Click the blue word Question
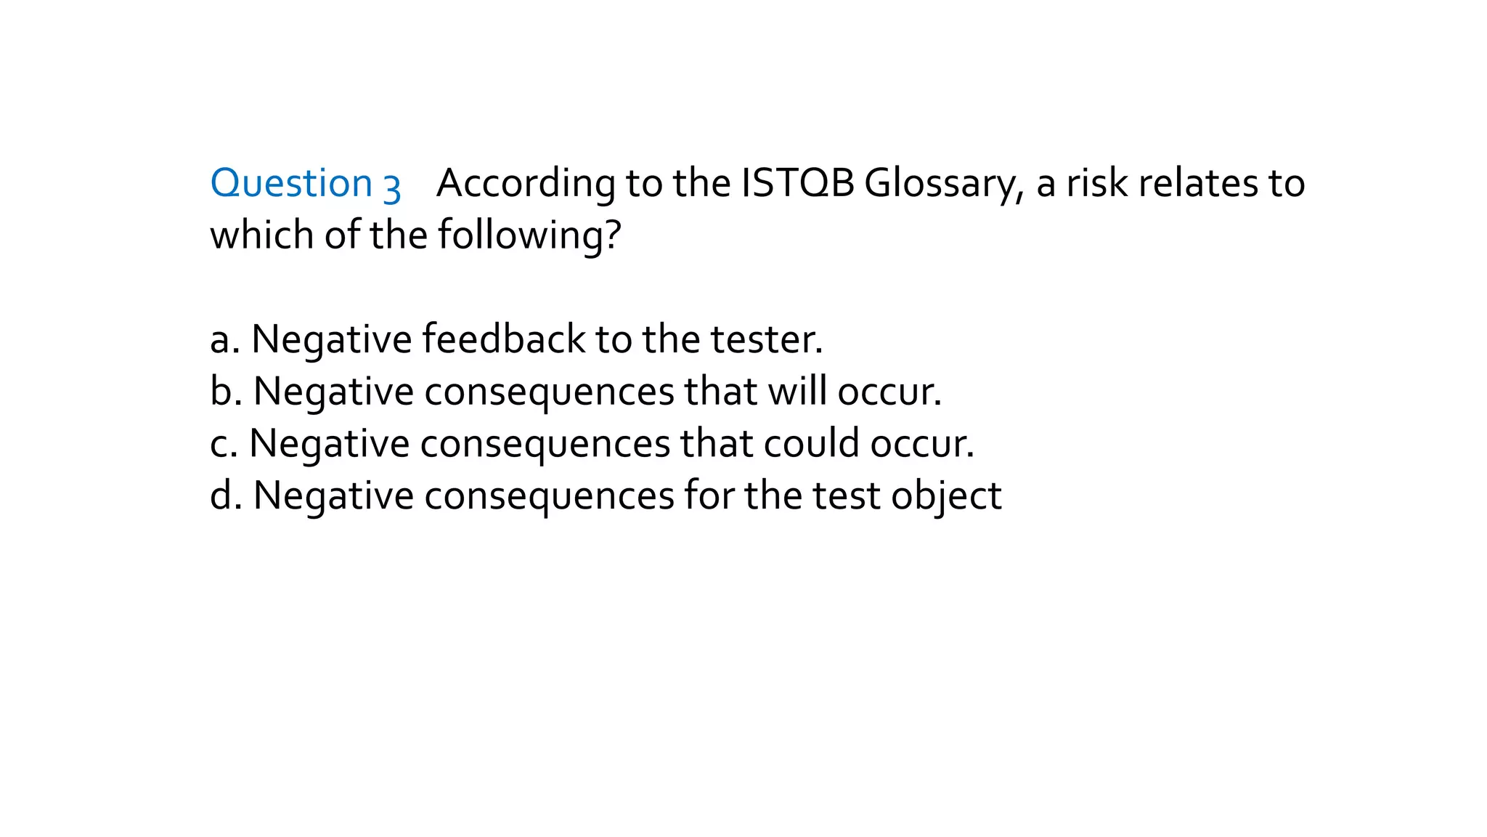[x=291, y=183]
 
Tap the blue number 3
[x=392, y=187]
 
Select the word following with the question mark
[x=529, y=236]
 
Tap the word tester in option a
[x=765, y=339]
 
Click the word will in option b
[x=797, y=391]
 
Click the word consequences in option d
[x=549, y=497]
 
